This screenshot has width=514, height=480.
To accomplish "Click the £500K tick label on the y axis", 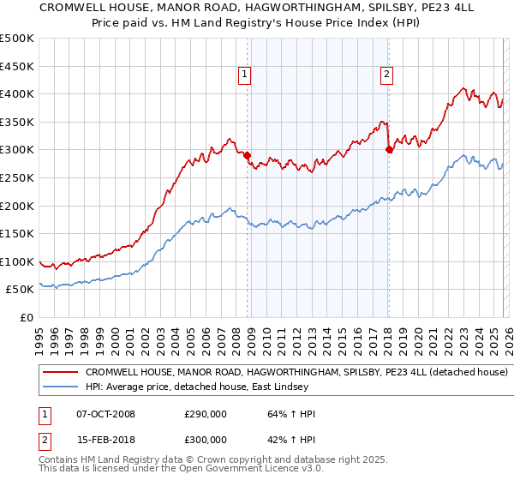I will click(x=17, y=39).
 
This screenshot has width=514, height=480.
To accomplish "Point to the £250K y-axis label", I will click(x=17, y=177).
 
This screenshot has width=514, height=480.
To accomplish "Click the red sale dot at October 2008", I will click(x=248, y=156).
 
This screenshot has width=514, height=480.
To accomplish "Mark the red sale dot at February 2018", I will click(x=389, y=150).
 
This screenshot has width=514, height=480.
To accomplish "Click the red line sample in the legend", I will click(x=60, y=373).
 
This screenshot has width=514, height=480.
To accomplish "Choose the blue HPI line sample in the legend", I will click(x=60, y=387).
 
